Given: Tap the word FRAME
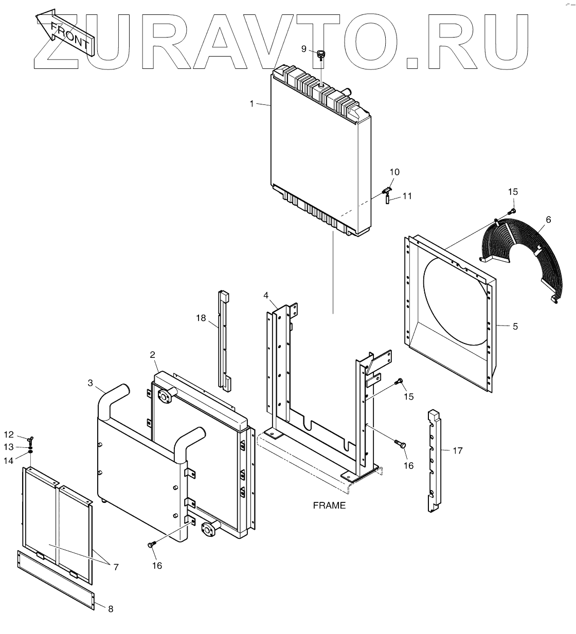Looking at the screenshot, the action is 329,505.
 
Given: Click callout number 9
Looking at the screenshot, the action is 304,49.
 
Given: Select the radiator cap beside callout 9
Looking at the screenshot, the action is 321,54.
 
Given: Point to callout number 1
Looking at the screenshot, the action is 251,104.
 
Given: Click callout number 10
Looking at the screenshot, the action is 394,172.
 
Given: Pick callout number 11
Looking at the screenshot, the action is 407,196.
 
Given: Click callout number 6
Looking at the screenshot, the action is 548,220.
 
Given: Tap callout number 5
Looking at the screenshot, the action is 515,326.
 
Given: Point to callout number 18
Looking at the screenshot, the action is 200,318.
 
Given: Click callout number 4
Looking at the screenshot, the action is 266,295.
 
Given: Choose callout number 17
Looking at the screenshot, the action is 458,450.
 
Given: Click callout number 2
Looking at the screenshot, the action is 153,354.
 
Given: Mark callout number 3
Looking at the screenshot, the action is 91,383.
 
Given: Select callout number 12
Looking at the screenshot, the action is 9,435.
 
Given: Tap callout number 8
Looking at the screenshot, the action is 110,609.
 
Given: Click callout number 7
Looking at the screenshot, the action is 116,567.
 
